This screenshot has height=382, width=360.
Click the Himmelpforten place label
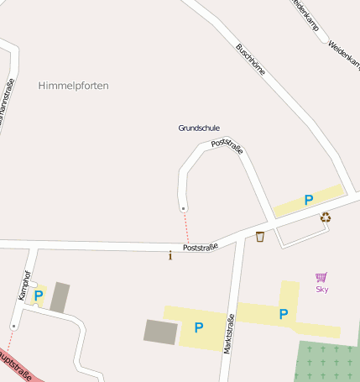74,86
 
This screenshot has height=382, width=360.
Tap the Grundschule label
199,128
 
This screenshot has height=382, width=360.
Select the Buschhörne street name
251,60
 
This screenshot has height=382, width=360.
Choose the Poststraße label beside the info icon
201,247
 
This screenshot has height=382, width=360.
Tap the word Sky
321,290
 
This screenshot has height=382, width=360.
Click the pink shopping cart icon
321,277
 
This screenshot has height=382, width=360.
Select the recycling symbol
326,217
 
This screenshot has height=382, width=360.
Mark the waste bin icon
260,237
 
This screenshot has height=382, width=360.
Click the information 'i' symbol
170,255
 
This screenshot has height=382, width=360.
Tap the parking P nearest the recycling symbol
308,201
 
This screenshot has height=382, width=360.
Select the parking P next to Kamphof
38,296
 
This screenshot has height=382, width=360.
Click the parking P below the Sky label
284,314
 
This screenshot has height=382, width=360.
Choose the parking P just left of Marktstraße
199,327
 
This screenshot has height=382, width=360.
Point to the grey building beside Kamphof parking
60,297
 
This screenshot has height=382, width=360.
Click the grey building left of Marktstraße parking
160,332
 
